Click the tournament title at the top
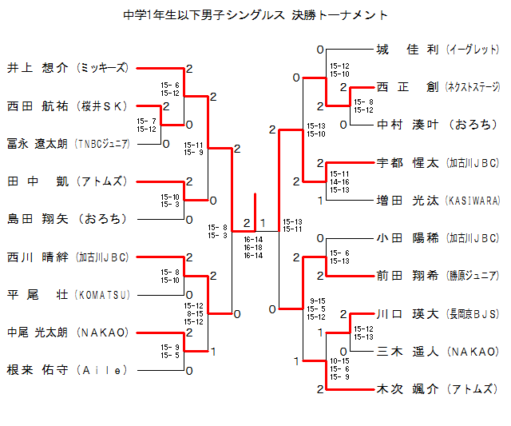(x=256, y=15)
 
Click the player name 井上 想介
(x=38, y=68)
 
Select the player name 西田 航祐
(x=38, y=106)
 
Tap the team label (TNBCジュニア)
(x=101, y=144)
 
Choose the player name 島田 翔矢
(x=38, y=219)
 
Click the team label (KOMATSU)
(x=101, y=295)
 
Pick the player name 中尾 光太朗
(x=38, y=332)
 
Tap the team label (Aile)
(x=101, y=371)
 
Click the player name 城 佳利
(x=407, y=50)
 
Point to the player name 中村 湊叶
(x=407, y=125)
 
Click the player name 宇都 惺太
(x=407, y=163)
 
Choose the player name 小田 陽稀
(x=407, y=238)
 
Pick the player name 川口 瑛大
(x=407, y=314)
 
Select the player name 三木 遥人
(x=407, y=352)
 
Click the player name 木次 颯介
(x=407, y=389)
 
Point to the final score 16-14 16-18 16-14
(x=253, y=246)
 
